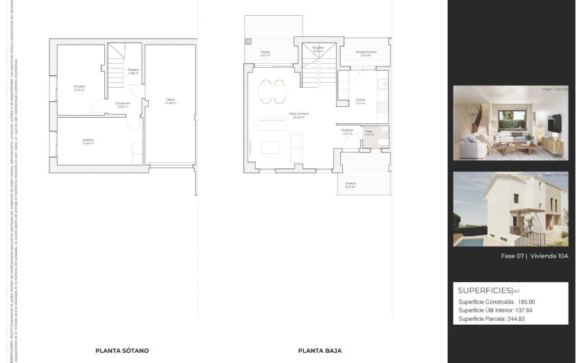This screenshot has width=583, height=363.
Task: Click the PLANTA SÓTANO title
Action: (x=122, y=350)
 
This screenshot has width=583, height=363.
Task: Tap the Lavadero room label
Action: (x=88, y=141)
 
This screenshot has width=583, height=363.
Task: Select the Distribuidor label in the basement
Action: (x=123, y=104)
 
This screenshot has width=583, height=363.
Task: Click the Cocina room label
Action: (x=360, y=101)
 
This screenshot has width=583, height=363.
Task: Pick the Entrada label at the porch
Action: (x=350, y=184)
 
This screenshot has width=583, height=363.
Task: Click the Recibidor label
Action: (x=347, y=131)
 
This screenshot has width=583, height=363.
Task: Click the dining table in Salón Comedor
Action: (x=272, y=90)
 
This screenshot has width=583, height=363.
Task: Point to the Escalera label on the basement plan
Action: (x=133, y=71)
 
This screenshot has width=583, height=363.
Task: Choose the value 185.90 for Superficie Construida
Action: (x=525, y=301)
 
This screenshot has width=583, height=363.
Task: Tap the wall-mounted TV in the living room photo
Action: (x=555, y=123)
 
